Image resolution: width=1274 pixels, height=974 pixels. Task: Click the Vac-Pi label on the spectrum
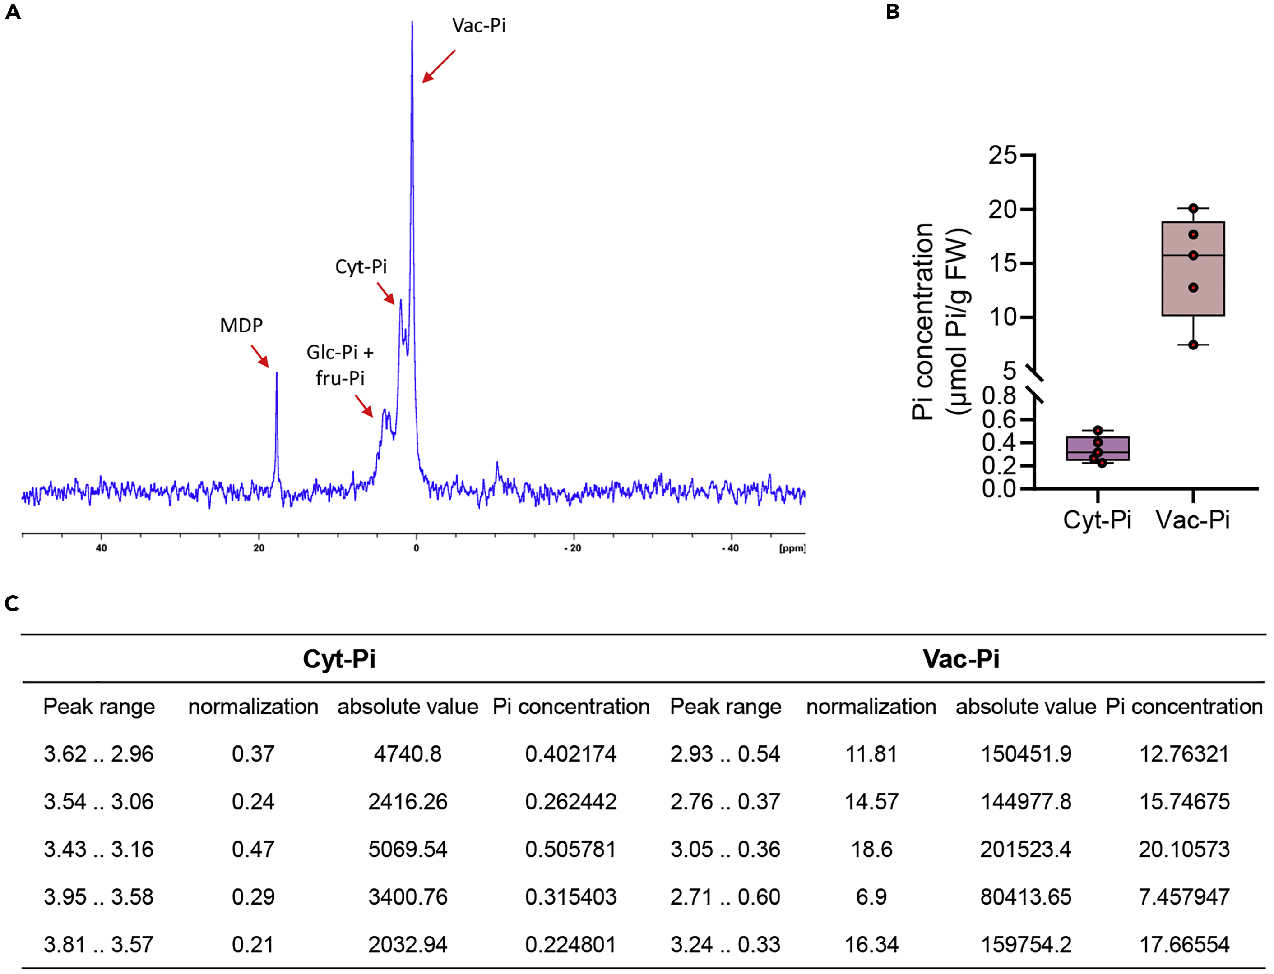point(479,26)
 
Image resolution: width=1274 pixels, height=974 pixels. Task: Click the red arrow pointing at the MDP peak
point(260,356)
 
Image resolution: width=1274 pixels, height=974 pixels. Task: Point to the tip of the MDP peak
point(277,373)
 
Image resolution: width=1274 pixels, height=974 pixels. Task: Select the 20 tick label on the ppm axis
point(259,548)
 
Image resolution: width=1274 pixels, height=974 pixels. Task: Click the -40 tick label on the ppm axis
point(730,548)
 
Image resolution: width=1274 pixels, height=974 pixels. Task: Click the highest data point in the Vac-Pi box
point(1193,208)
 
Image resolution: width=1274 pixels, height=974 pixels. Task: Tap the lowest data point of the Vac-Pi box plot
point(1193,345)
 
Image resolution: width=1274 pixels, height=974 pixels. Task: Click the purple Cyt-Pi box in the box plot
point(1098,449)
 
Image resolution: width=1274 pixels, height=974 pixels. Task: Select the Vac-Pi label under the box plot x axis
point(1193,519)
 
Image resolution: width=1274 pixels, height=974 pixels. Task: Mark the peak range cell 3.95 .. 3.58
point(99,897)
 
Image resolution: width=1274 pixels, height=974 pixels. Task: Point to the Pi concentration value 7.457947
point(1184,897)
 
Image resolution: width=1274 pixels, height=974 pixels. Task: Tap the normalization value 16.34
point(871,944)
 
